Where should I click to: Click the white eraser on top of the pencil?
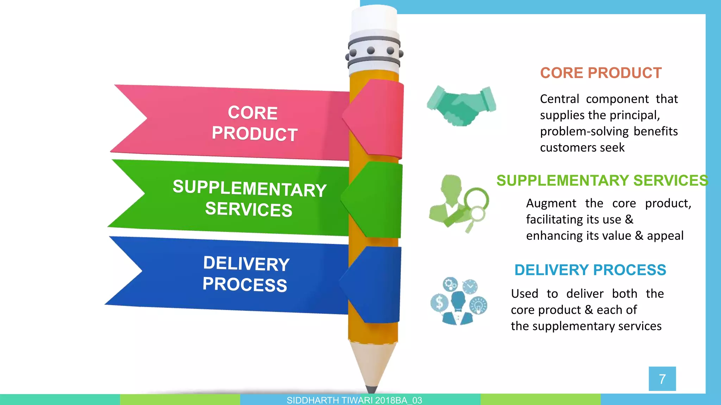[x=374, y=21]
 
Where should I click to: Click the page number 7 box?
[x=662, y=379]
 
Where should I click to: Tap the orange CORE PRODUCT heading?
[x=601, y=73]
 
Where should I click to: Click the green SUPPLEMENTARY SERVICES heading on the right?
[x=602, y=181]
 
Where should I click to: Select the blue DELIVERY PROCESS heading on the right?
[x=590, y=270]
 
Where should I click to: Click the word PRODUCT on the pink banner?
[x=255, y=134]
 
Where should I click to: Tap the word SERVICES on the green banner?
[x=249, y=209]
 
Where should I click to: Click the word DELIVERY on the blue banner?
[x=246, y=263]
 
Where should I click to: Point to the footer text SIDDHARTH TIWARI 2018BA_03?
[x=354, y=400]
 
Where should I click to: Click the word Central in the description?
[x=559, y=99]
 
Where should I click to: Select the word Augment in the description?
[x=551, y=204]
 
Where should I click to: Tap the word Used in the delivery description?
[x=524, y=294]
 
